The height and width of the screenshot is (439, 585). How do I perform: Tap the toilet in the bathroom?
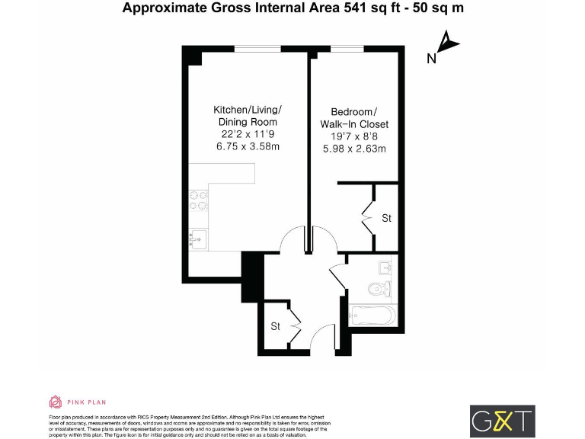(378, 288)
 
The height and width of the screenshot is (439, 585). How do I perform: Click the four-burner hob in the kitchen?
(199, 200)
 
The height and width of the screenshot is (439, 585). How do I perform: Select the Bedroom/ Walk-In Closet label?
(355, 117)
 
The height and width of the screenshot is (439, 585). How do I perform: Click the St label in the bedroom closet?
(386, 218)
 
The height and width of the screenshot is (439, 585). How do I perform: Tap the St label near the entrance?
(275, 326)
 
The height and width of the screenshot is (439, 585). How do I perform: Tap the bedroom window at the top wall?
(347, 49)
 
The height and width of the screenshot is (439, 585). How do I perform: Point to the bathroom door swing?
(337, 274)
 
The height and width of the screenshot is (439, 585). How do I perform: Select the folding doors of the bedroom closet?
(369, 217)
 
